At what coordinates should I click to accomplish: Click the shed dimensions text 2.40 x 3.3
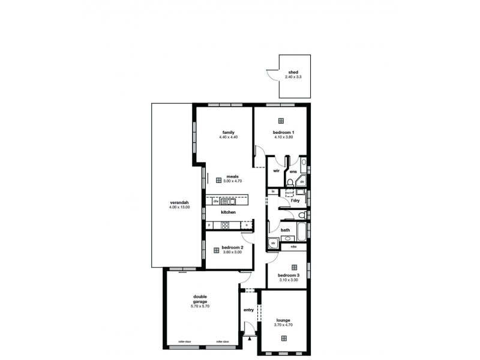293,77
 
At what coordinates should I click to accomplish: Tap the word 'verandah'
179,203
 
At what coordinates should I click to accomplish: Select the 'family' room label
228,133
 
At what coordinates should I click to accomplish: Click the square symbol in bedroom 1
283,121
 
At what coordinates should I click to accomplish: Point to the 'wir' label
276,171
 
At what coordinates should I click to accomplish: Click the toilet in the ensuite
290,182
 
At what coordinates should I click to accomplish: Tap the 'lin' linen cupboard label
272,192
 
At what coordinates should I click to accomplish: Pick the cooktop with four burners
225,226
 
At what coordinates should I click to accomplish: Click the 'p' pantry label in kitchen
209,226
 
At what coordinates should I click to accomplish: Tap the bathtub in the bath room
301,230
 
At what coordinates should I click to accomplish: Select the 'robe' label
293,247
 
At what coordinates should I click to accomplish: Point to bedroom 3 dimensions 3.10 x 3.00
289,280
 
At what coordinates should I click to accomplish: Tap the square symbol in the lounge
284,338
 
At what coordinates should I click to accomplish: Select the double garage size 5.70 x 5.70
200,307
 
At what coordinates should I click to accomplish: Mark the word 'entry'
248,310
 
